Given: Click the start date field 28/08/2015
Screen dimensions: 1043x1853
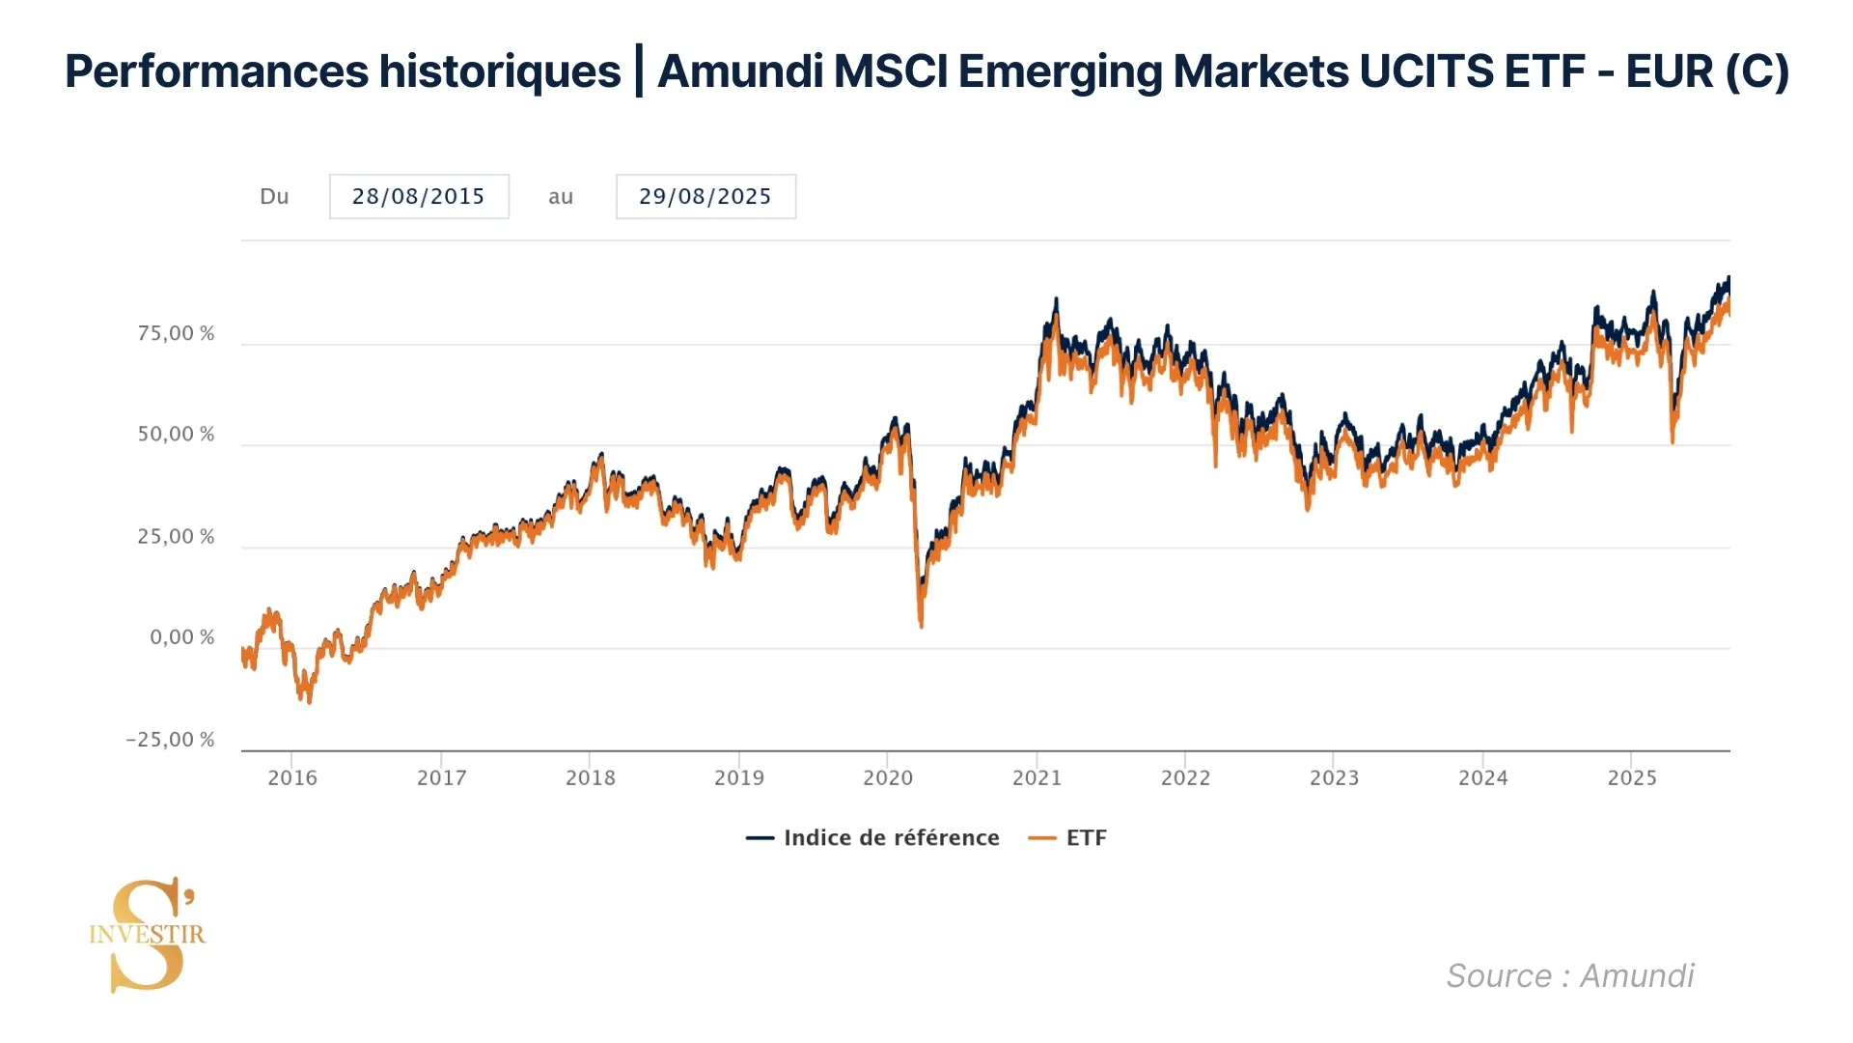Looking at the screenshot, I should coord(419,197).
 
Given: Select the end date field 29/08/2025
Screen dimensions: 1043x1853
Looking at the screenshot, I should coord(705,197).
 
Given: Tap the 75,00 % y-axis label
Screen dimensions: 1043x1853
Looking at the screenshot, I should coord(176,334).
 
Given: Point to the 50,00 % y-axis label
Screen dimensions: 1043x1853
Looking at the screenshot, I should coord(176,435).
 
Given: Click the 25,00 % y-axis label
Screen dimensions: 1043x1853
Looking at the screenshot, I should coord(176,537).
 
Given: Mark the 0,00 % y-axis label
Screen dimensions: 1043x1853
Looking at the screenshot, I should coord(181,637).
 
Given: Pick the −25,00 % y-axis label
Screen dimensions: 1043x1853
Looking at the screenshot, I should coord(170,740).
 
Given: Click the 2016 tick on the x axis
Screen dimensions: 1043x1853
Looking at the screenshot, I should coord(292,777).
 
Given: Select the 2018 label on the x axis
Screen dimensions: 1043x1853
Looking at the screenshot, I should coord(591,777).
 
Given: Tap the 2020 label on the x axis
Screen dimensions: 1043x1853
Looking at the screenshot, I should coord(888,777).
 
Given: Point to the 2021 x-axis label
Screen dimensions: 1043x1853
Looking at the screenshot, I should coord(1037,777).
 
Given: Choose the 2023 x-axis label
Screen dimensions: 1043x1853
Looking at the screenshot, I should coord(1334,777).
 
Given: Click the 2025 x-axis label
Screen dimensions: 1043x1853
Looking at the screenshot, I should coord(1632,777).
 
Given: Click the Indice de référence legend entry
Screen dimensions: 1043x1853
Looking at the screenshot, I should coord(873,838).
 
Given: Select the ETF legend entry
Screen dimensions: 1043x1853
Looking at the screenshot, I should coord(1068,838).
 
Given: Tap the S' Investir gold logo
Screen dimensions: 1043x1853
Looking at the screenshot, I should coord(148,934).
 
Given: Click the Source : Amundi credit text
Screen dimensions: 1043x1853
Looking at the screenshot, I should coord(1570,976).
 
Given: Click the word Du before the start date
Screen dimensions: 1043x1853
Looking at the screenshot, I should coord(274,197).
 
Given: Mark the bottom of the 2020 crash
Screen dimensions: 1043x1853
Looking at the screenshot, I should coord(922,626).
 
